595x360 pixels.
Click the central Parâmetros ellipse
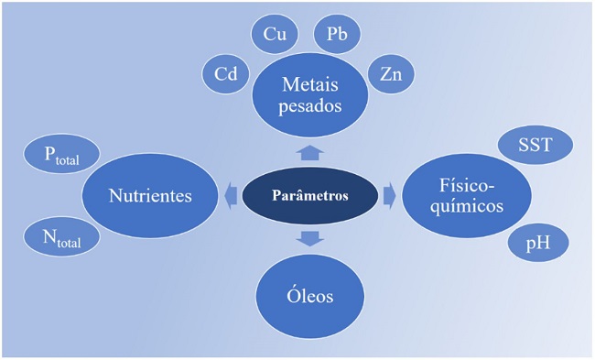[309, 195]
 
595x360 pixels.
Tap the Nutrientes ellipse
[149, 195]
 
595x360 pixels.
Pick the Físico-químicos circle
[466, 195]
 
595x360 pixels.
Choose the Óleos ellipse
[309, 295]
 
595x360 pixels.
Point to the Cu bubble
[274, 35]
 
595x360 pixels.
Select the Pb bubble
[337, 35]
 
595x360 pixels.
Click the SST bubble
[535, 145]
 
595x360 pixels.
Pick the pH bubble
[538, 242]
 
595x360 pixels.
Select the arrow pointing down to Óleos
[310, 238]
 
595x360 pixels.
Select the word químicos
[466, 206]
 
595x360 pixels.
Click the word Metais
[311, 85]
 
